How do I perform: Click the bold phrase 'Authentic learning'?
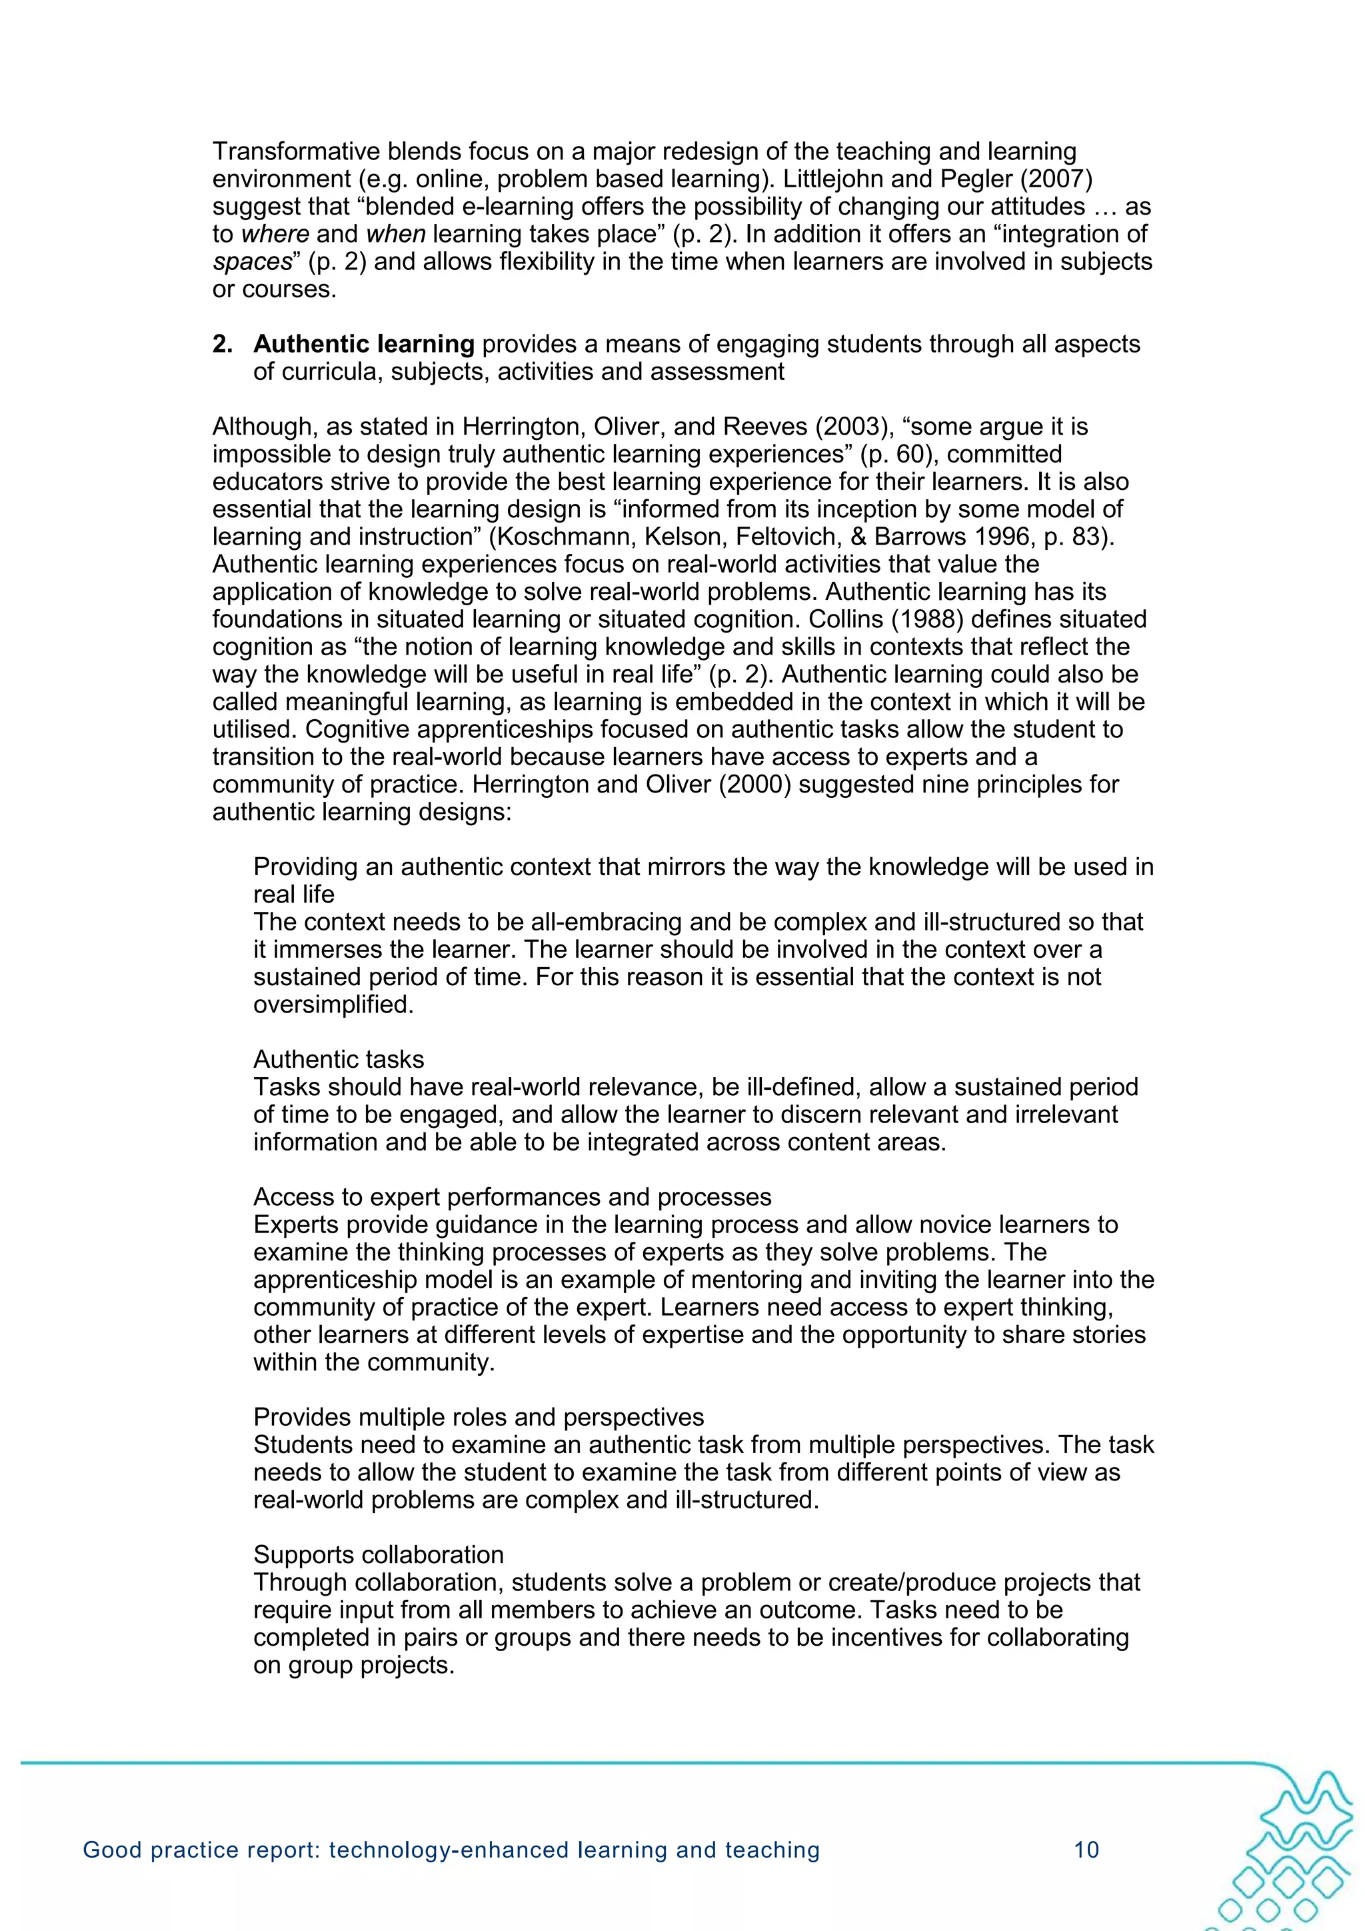click(x=364, y=344)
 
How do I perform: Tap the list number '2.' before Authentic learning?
click(x=222, y=344)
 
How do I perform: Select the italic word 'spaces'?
click(x=251, y=261)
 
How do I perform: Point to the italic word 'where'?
click(x=275, y=234)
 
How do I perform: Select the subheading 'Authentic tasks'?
click(x=339, y=1059)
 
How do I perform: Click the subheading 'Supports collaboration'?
click(x=379, y=1554)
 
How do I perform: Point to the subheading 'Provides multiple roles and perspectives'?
click(x=479, y=1417)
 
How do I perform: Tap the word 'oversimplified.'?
click(x=334, y=1004)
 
